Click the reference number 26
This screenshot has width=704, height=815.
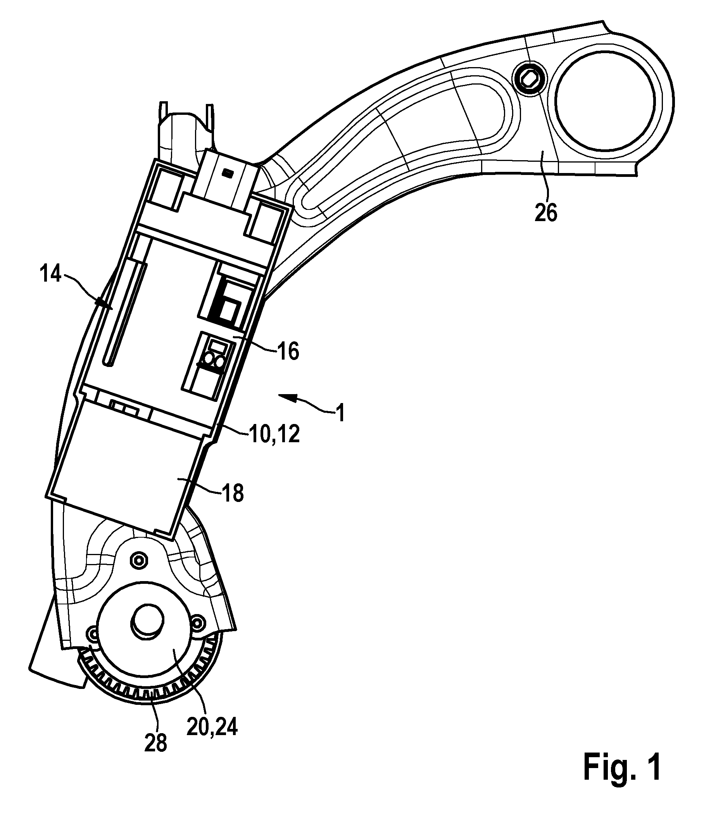coord(546,213)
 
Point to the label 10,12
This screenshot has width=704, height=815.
coord(274,434)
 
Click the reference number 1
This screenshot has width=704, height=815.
coord(340,414)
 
